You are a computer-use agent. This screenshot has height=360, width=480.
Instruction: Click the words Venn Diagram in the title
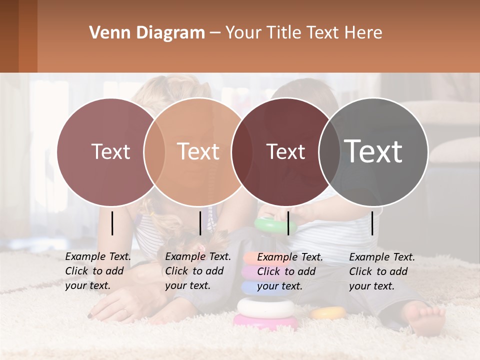click(147, 33)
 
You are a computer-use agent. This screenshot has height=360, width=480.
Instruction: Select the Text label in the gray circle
click(373, 151)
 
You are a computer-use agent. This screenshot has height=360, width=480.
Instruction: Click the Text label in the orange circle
click(198, 151)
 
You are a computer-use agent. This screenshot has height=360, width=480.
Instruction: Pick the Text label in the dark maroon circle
click(285, 152)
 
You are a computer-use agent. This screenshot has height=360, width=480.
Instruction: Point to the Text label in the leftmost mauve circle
click(110, 151)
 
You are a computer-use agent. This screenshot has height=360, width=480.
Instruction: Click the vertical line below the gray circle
click(372, 223)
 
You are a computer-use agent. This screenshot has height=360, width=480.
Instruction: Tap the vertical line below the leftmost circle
click(112, 223)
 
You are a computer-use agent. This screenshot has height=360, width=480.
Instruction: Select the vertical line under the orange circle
click(200, 223)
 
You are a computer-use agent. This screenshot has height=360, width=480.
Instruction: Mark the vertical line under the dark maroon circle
click(288, 223)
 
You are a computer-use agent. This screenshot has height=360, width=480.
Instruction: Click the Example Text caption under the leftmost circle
click(97, 271)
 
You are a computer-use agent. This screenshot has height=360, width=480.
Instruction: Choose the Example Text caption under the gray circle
click(381, 271)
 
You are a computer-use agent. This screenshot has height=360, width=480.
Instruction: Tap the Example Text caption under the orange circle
click(197, 271)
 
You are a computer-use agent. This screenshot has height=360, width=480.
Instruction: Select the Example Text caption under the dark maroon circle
click(289, 271)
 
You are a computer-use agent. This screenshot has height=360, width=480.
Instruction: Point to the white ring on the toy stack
click(265, 306)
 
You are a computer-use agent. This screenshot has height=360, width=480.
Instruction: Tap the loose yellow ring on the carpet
click(328, 313)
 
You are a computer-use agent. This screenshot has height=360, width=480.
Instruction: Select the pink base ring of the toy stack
click(265, 321)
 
